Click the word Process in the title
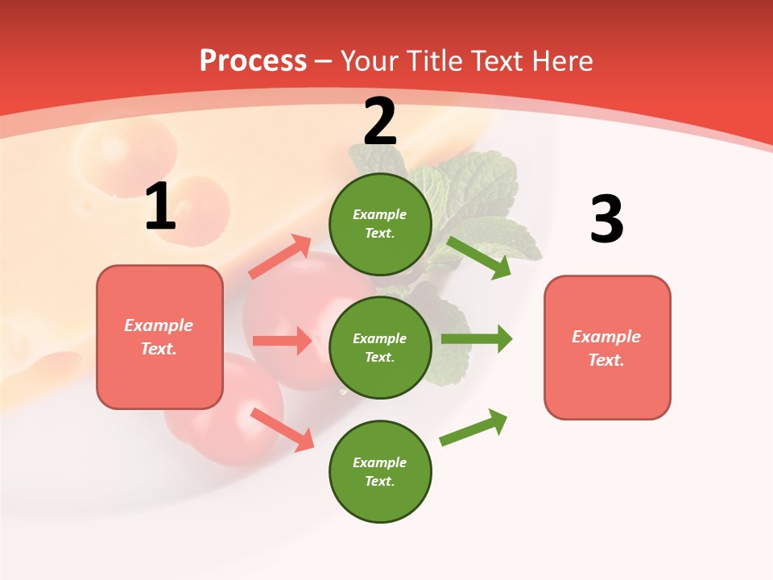click(253, 60)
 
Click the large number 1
click(160, 207)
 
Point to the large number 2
click(380, 122)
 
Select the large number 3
click(606, 220)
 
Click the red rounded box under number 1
click(159, 337)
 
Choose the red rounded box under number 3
click(607, 347)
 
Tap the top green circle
click(380, 224)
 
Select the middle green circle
click(380, 347)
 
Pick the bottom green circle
click(380, 471)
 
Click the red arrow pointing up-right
click(280, 257)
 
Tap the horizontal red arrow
click(282, 341)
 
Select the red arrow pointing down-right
click(282, 429)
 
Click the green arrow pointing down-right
click(479, 257)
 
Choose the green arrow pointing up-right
click(474, 427)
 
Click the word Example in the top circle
click(380, 214)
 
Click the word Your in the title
click(370, 60)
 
